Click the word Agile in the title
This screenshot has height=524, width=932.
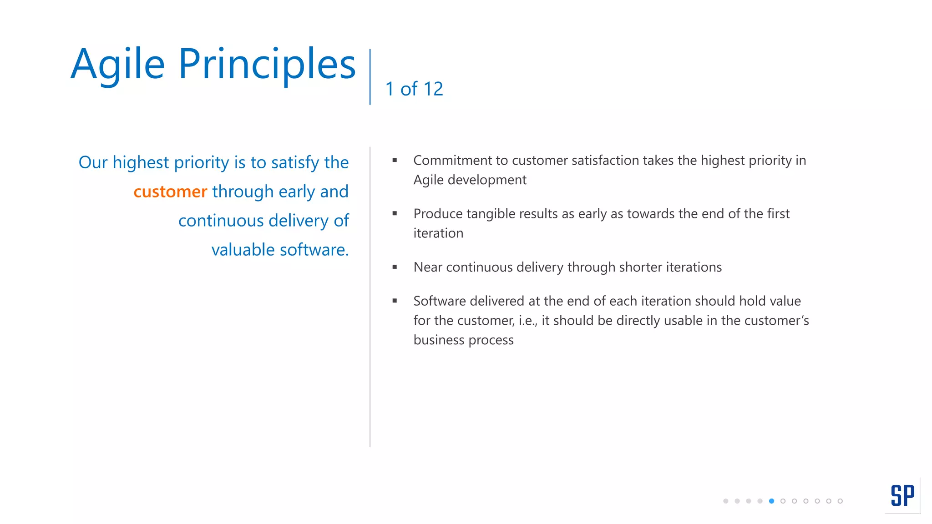point(117,65)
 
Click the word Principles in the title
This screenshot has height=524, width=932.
point(267,65)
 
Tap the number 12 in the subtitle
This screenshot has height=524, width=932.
point(433,89)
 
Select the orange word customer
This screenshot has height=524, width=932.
point(170,192)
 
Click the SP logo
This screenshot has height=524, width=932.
point(902,495)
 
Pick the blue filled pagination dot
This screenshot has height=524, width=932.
point(771,501)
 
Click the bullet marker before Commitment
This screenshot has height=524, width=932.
point(395,160)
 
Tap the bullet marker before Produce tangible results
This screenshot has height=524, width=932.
point(395,213)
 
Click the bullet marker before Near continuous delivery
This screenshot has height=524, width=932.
point(395,267)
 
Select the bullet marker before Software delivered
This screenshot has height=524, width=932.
point(395,301)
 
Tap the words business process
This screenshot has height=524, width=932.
point(463,340)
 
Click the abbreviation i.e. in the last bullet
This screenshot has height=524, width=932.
point(527,321)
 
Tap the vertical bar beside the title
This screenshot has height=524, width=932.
point(370,76)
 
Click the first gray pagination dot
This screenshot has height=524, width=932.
point(725,501)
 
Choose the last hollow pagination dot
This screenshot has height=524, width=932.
point(840,501)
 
